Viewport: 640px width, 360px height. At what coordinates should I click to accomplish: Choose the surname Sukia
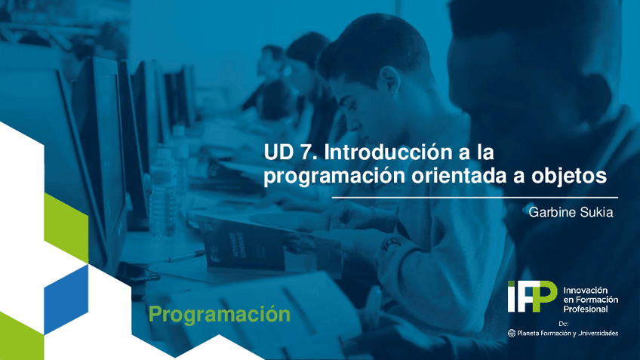pos(596,213)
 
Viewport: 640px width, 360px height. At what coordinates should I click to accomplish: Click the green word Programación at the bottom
pos(219,314)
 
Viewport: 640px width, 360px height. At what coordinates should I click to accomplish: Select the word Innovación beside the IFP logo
pos(586,290)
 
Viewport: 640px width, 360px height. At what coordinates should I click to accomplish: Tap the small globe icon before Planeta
pos(512,333)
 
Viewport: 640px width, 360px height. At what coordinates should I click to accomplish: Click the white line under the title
pos(438,198)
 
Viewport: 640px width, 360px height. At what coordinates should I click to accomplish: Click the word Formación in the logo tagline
pos(596,300)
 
